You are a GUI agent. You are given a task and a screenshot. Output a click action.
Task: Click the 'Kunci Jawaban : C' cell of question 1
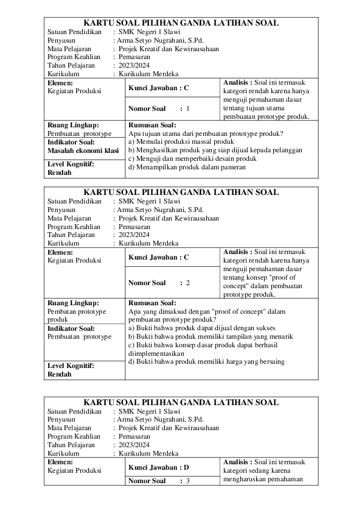point(159,88)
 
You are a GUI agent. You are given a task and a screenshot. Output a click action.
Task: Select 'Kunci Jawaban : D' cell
point(159,467)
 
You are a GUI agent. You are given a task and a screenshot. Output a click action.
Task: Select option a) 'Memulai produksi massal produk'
point(181,141)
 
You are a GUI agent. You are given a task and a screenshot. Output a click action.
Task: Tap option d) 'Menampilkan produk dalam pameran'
point(187,167)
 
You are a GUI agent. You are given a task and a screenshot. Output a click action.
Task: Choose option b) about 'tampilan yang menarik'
point(211,336)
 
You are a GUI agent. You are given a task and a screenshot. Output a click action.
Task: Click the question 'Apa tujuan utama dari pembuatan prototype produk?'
point(207,133)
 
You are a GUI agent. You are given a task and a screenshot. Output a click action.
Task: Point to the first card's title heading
point(181,23)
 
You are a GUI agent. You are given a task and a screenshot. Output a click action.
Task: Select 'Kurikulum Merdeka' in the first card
point(148,73)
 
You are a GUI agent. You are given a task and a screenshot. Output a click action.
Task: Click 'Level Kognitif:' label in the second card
point(71,366)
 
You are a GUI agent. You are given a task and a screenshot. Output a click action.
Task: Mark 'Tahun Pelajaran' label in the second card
point(71,234)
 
